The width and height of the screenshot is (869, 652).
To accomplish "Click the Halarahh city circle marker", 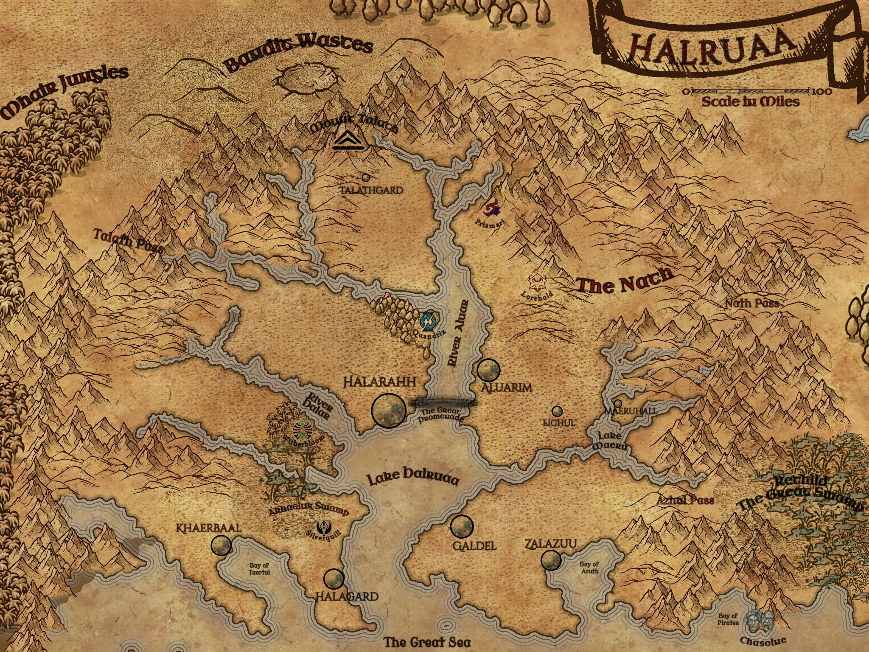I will [x=389, y=410].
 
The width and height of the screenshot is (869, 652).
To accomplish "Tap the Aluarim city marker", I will [x=488, y=370].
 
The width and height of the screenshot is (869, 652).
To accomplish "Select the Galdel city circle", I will [x=462, y=526].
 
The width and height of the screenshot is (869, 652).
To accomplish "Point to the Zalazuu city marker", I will [x=551, y=560].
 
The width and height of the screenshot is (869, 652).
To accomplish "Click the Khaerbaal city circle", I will [x=221, y=545].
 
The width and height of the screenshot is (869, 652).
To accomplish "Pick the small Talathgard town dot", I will [x=366, y=177].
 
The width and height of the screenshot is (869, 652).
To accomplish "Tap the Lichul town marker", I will [x=557, y=411].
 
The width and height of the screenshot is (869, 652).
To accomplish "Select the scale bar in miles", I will [x=751, y=91].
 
